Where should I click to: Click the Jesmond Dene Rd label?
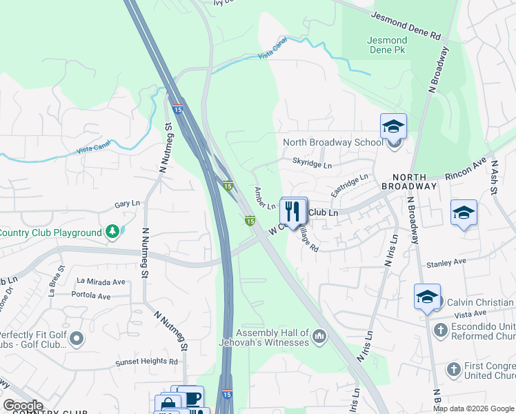click(x=406, y=23)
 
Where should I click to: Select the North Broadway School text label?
click(x=333, y=143)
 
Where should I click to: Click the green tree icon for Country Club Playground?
click(x=112, y=233)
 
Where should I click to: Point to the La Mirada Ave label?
click(x=101, y=282)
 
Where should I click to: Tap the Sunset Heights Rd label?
click(x=147, y=361)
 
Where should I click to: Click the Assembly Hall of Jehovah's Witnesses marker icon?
click(x=319, y=337)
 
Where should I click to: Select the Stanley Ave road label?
click(x=447, y=262)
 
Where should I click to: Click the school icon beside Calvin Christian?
click(x=427, y=297)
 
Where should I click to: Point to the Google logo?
click(x=23, y=406)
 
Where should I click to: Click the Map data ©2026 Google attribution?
click(x=473, y=408)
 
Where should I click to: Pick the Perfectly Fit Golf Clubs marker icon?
click(x=77, y=337)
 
